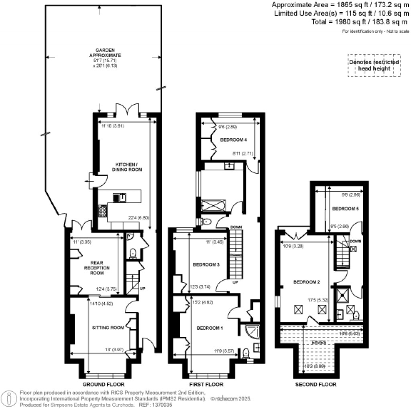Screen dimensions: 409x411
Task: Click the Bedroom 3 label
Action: pyautogui.click(x=206, y=265)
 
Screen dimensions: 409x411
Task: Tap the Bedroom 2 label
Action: pyautogui.click(x=307, y=282)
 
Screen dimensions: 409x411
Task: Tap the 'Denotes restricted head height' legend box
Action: pyautogui.click(x=374, y=65)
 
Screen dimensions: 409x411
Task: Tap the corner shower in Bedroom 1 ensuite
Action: pyautogui.click(x=252, y=331)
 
